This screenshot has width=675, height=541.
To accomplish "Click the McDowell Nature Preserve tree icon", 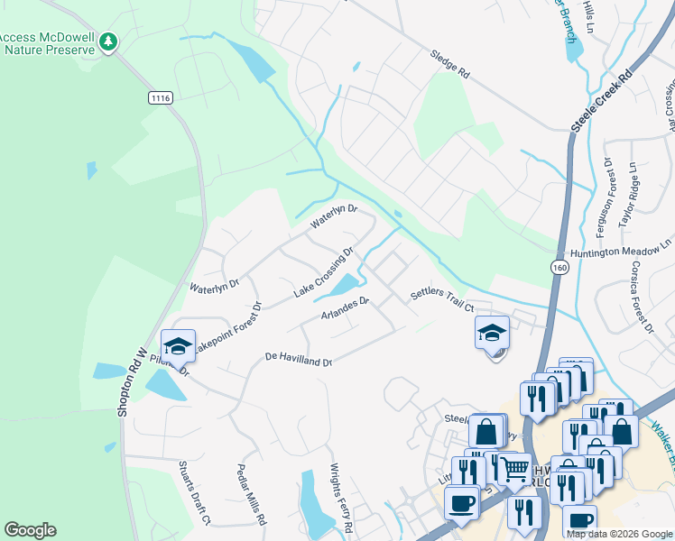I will coord(108,42).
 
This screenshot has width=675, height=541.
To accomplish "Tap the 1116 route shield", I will coord(161,96).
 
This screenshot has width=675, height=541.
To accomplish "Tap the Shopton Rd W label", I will coord(131,382).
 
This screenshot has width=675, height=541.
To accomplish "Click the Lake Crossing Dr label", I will coord(322,273).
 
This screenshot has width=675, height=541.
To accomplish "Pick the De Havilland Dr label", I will coord(299,358).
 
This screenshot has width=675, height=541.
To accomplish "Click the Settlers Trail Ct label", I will coord(442,300).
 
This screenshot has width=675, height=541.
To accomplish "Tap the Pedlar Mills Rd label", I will coord(252,495).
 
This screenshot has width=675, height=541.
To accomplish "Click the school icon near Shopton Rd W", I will coord(178,345).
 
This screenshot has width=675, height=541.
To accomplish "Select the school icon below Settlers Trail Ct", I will coord(492,333).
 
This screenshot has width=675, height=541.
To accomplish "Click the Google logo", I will coord(31,530).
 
